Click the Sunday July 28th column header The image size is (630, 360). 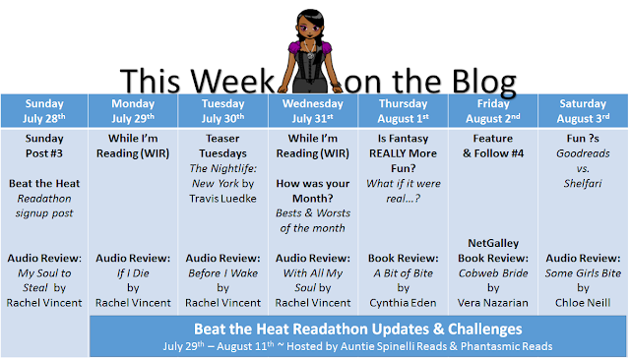click(x=44, y=111)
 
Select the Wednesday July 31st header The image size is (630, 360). click(x=313, y=111)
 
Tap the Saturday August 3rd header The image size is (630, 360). click(x=583, y=111)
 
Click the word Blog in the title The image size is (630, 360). click(x=483, y=83)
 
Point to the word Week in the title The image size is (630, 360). click(x=232, y=82)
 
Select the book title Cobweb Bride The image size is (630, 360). click(x=493, y=273)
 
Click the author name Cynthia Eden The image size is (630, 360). click(x=403, y=303)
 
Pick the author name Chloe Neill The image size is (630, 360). click(x=583, y=303)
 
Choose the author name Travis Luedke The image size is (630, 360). click(x=222, y=199)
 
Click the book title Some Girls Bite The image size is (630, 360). click(x=583, y=273)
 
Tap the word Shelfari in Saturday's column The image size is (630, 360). click(x=583, y=184)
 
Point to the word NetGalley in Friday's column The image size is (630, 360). click(x=493, y=243)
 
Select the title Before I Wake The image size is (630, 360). click(x=222, y=273)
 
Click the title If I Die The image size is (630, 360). click(x=133, y=273)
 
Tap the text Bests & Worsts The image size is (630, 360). click(x=313, y=213)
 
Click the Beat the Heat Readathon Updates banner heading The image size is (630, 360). click(x=357, y=330)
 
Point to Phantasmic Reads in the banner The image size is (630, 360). click(x=506, y=346)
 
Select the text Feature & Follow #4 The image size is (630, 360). click(x=493, y=147)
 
